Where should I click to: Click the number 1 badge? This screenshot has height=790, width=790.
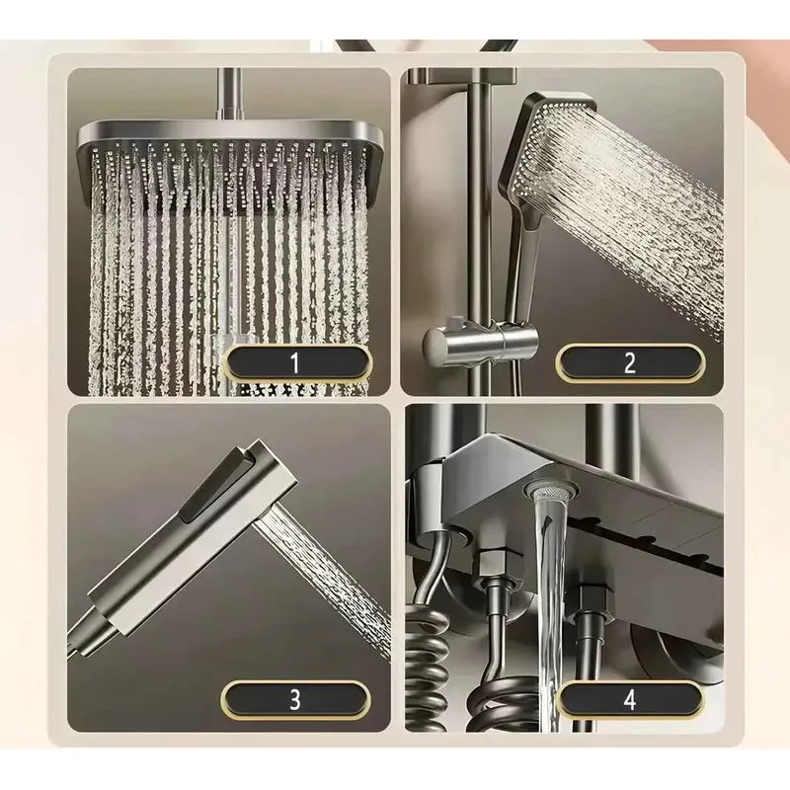(x=296, y=361)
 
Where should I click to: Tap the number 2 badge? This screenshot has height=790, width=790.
(x=630, y=361)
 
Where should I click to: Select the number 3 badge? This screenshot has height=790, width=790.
(x=295, y=699)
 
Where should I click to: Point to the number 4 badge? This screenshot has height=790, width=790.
(x=630, y=699)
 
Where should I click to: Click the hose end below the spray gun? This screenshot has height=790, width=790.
(x=86, y=637)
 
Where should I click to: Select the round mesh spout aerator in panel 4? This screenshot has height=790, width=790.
(x=548, y=488)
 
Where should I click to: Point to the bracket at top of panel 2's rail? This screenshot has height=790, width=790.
(x=462, y=75)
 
